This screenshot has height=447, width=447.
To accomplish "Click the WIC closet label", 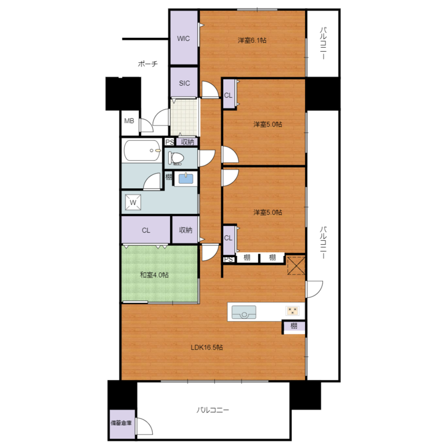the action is (183, 38).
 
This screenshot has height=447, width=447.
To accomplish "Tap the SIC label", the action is (184, 83).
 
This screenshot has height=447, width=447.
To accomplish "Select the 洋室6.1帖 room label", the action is (252, 40).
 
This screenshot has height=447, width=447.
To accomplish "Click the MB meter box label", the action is (129, 121).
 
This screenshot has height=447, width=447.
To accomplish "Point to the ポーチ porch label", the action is (148, 63).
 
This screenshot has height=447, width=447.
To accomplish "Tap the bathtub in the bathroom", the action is (142, 150).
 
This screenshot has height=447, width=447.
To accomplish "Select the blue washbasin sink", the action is (186, 179).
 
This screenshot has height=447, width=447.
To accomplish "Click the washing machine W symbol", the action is (133, 202).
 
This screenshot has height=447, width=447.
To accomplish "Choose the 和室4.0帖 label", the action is (154, 275).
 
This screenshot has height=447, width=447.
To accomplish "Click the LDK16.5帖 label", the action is (207, 347).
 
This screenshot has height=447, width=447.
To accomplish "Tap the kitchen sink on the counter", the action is (244, 312).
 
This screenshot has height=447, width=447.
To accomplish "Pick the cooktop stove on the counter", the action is (292, 311).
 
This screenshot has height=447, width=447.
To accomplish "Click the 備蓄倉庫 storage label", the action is (121, 423).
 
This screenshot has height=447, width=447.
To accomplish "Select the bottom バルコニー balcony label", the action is (213, 410).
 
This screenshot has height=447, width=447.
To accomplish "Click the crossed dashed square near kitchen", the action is (296, 266).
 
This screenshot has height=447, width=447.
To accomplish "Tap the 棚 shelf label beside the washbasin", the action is (169, 177).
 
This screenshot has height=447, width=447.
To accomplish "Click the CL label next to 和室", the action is (146, 230).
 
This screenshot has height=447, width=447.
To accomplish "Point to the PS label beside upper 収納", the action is (169, 142).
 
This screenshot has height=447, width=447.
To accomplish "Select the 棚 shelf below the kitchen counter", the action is (294, 326).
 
